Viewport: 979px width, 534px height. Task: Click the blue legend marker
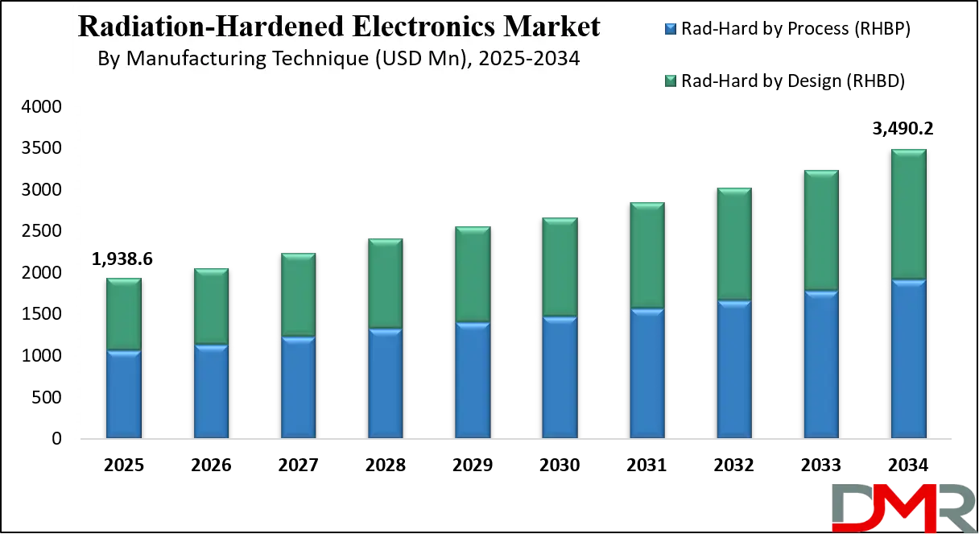click(x=670, y=30)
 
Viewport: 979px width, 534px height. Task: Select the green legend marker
click(x=670, y=80)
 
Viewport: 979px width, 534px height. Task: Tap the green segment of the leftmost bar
click(x=124, y=314)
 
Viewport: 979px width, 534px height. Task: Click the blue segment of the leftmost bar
click(x=124, y=394)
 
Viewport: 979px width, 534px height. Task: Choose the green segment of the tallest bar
click(x=908, y=214)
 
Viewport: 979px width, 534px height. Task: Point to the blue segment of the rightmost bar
click(x=908, y=358)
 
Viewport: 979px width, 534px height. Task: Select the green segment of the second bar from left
click(x=211, y=306)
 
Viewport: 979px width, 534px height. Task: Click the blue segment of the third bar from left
click(x=298, y=387)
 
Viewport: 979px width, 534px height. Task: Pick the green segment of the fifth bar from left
click(x=473, y=275)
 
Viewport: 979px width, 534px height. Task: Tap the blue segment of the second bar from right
click(x=821, y=364)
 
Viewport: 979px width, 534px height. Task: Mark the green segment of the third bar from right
click(x=733, y=245)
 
